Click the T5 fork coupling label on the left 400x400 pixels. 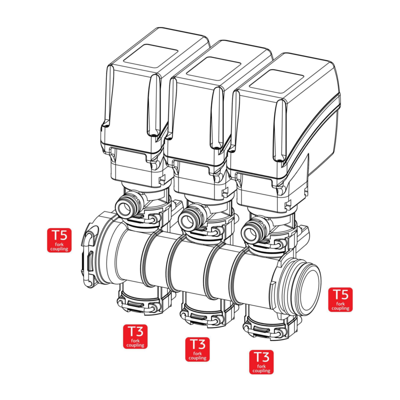pyautogui.click(x=59, y=240)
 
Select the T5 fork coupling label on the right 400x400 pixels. pyautogui.click(x=340, y=299)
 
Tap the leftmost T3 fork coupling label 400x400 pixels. pyautogui.click(x=135, y=336)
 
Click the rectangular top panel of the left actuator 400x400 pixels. pyautogui.click(x=150, y=54)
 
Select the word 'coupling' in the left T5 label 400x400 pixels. pyautogui.click(x=59, y=248)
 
